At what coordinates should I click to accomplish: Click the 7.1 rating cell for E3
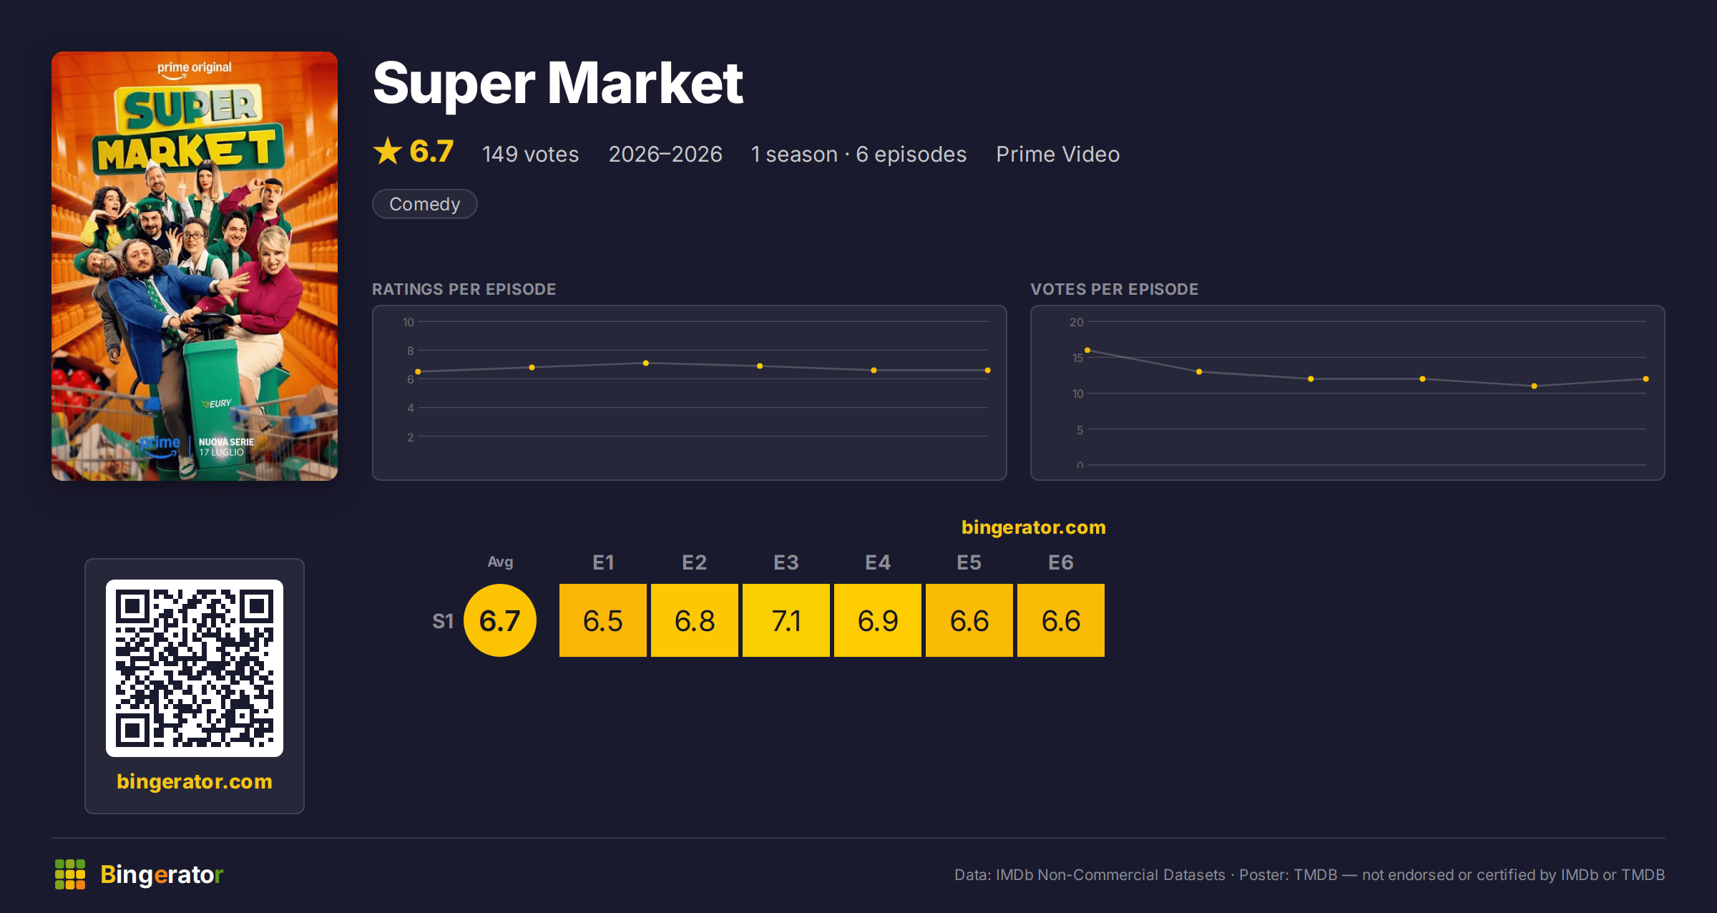pyautogui.click(x=786, y=620)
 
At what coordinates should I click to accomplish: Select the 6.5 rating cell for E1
pyautogui.click(x=602, y=620)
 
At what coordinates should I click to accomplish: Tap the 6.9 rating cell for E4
pyautogui.click(x=877, y=620)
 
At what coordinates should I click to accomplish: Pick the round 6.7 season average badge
pyautogui.click(x=500, y=620)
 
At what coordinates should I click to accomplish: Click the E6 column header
pyautogui.click(x=1060, y=563)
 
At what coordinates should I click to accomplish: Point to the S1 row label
pyautogui.click(x=443, y=621)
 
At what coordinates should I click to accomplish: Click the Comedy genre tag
pyautogui.click(x=425, y=204)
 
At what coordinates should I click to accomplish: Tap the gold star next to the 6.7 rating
pyautogui.click(x=388, y=151)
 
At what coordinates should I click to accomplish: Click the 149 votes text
pyautogui.click(x=530, y=154)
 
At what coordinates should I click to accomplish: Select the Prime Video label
pyautogui.click(x=1057, y=154)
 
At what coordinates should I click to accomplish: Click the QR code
pyautogui.click(x=195, y=668)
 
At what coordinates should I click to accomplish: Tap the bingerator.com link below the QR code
pyautogui.click(x=195, y=781)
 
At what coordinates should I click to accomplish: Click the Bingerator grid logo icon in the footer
pyautogui.click(x=70, y=874)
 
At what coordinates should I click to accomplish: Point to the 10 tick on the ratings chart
pyautogui.click(x=408, y=322)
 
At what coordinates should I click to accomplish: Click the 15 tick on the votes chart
pyautogui.click(x=1077, y=358)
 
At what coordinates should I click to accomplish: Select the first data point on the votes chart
pyautogui.click(x=1087, y=350)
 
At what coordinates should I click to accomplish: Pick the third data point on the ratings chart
pyautogui.click(x=646, y=363)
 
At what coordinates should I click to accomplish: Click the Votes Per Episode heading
pyautogui.click(x=1114, y=289)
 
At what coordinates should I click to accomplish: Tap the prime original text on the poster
pyautogui.click(x=195, y=68)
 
